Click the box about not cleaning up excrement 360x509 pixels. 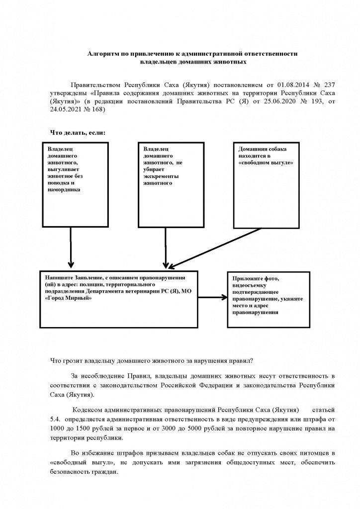(171, 184)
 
